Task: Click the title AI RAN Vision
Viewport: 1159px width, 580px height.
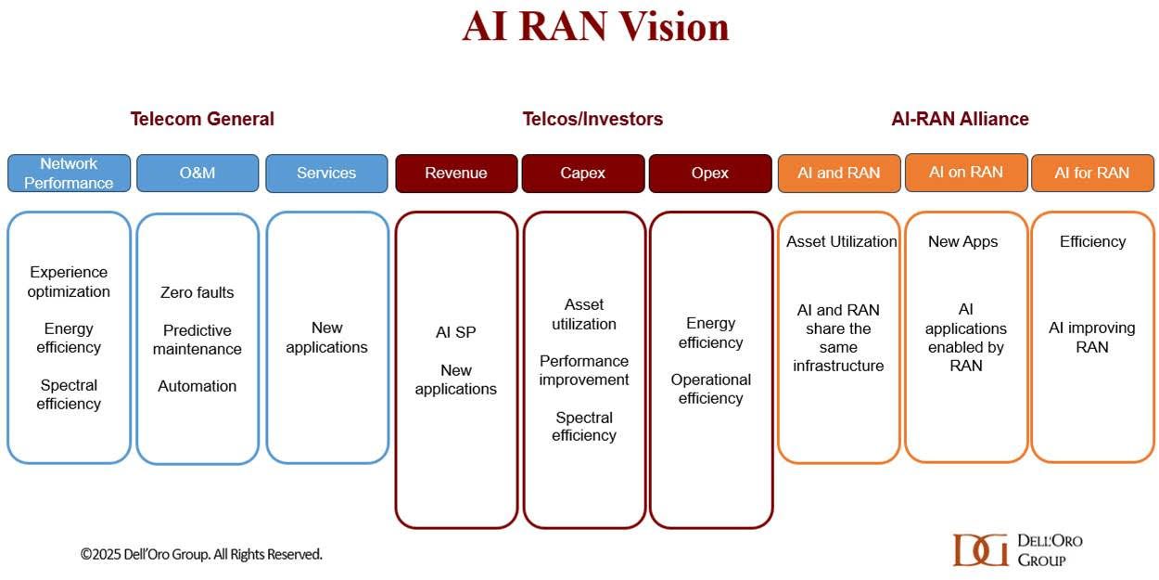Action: click(595, 26)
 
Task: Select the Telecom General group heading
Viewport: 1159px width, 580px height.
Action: click(202, 119)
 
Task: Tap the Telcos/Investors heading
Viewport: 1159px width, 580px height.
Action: click(592, 119)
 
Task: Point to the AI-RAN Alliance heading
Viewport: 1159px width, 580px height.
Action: click(960, 119)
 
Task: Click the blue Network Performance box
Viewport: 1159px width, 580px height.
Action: click(69, 173)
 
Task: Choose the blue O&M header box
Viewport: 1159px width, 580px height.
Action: click(197, 173)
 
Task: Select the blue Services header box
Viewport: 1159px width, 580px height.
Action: click(326, 173)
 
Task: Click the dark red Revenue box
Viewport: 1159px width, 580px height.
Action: click(456, 173)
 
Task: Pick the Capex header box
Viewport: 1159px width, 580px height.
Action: click(583, 173)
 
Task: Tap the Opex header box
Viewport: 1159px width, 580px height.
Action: click(710, 173)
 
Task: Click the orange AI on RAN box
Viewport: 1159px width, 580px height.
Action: click(966, 173)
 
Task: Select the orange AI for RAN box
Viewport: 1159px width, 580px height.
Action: click(1093, 173)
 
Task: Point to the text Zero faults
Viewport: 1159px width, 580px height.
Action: click(197, 292)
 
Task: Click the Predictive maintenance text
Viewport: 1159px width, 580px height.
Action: click(197, 340)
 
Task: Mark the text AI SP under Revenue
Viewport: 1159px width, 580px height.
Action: click(456, 332)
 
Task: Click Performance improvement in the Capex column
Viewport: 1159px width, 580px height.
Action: click(583, 370)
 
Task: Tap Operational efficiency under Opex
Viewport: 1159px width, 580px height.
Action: click(711, 389)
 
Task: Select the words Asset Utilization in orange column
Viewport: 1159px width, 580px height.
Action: click(842, 241)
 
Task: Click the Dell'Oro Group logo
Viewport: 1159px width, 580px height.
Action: click(1017, 550)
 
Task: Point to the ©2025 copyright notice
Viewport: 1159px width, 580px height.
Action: click(201, 555)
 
